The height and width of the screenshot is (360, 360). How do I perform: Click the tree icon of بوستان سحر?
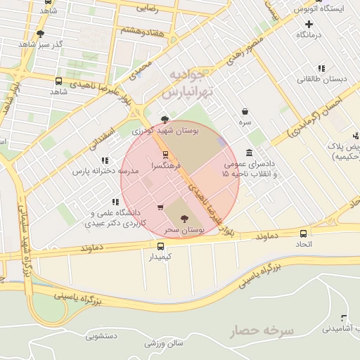[x=185, y=219]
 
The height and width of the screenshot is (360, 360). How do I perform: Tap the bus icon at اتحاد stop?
[x=303, y=233]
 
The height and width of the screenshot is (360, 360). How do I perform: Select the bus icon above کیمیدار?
[x=161, y=246]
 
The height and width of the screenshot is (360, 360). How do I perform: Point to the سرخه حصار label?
[x=259, y=329]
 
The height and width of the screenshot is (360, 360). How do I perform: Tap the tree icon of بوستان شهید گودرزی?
[x=165, y=120]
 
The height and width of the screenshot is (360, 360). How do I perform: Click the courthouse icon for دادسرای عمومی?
[x=250, y=153]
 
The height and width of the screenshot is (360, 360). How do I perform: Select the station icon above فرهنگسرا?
[x=165, y=154]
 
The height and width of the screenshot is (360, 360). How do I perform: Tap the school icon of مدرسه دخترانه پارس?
[x=105, y=161]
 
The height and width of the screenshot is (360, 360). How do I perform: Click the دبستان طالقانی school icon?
[x=321, y=68]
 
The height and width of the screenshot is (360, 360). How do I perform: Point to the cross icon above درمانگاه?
[x=309, y=24]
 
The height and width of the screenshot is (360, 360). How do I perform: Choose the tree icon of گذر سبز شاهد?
[x=40, y=33]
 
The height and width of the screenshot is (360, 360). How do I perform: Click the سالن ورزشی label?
[x=164, y=343]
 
